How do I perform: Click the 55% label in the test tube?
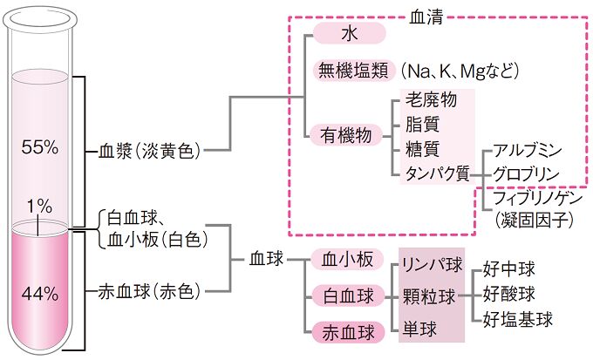point(41,147)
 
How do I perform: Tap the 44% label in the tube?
point(41,293)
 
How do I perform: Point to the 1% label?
point(39,207)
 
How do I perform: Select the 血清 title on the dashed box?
point(424,16)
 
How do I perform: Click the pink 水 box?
point(349,34)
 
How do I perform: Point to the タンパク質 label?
point(436,173)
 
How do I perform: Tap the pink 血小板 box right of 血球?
point(348,260)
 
